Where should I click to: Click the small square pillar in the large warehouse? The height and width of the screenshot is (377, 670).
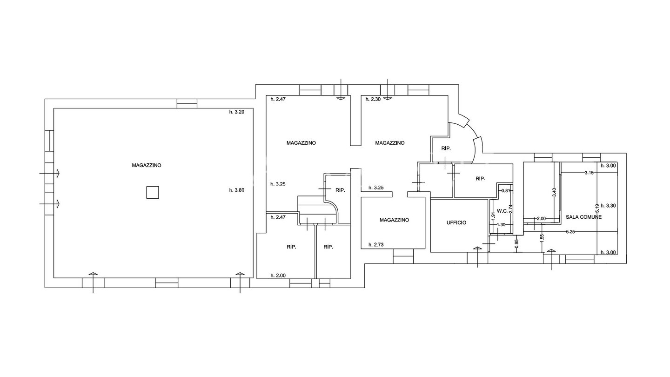coord(153,192)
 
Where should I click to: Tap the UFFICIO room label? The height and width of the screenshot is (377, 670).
coord(456,222)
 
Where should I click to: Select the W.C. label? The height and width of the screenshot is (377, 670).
coord(502,211)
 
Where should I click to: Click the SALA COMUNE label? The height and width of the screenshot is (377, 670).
coord(583,217)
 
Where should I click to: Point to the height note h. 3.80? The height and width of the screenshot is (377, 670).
coord(237,190)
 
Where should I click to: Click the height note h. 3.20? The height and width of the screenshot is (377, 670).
coord(237,112)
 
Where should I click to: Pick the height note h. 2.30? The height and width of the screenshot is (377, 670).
coord(373,99)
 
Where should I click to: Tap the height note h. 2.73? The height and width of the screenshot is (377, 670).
coord(376,245)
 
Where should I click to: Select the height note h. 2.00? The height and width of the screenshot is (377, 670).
coord(278,276)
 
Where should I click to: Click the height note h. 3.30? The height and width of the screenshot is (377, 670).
coord(609,206)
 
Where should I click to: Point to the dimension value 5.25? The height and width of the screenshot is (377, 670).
coord(570,232)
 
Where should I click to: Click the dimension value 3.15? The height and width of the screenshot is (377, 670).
coord(589,173)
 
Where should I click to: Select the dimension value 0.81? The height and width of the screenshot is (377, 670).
coord(505,190)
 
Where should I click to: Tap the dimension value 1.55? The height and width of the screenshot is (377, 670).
coord(542,238)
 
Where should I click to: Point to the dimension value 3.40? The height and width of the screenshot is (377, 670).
coord(554,192)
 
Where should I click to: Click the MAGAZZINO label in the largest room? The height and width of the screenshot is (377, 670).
coord(147,165)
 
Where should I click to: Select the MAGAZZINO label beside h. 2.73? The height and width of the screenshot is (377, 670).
coord(394,220)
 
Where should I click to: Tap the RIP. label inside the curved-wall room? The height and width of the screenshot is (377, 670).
coord(446,148)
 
